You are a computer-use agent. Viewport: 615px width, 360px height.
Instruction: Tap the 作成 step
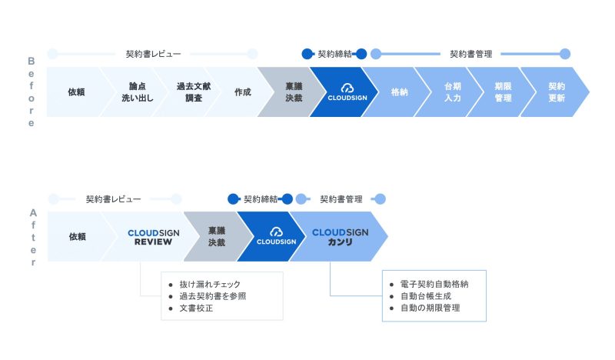pyautogui.click(x=242, y=92)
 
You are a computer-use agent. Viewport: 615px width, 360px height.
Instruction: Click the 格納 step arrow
pyautogui.click(x=399, y=92)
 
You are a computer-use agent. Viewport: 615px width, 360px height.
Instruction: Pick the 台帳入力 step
pyautogui.click(x=452, y=92)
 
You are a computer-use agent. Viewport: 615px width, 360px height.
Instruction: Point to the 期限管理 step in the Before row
pyautogui.click(x=504, y=92)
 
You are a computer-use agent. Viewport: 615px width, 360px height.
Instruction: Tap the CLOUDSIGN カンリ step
pyautogui.click(x=340, y=237)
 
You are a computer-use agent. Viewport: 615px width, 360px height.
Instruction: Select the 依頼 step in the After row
pyautogui.click(x=77, y=237)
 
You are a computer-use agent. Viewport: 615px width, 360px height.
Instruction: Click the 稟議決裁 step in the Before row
pyautogui.click(x=294, y=92)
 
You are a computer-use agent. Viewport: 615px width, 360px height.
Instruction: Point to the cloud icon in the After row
pyautogui.click(x=276, y=232)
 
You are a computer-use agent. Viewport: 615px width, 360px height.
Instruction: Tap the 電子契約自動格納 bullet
pyautogui.click(x=434, y=283)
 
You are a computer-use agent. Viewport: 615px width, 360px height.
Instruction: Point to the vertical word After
pyautogui.click(x=32, y=237)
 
